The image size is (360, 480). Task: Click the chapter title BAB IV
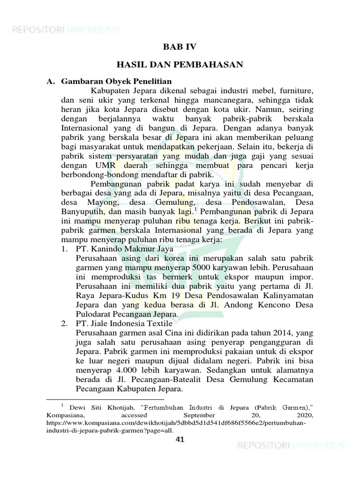click(180, 47)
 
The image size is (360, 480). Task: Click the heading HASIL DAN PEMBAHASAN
click(180, 65)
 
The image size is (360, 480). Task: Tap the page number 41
click(180, 439)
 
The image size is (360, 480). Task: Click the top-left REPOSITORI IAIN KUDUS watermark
click(66, 30)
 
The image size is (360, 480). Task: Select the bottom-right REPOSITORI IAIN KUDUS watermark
click(291, 445)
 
